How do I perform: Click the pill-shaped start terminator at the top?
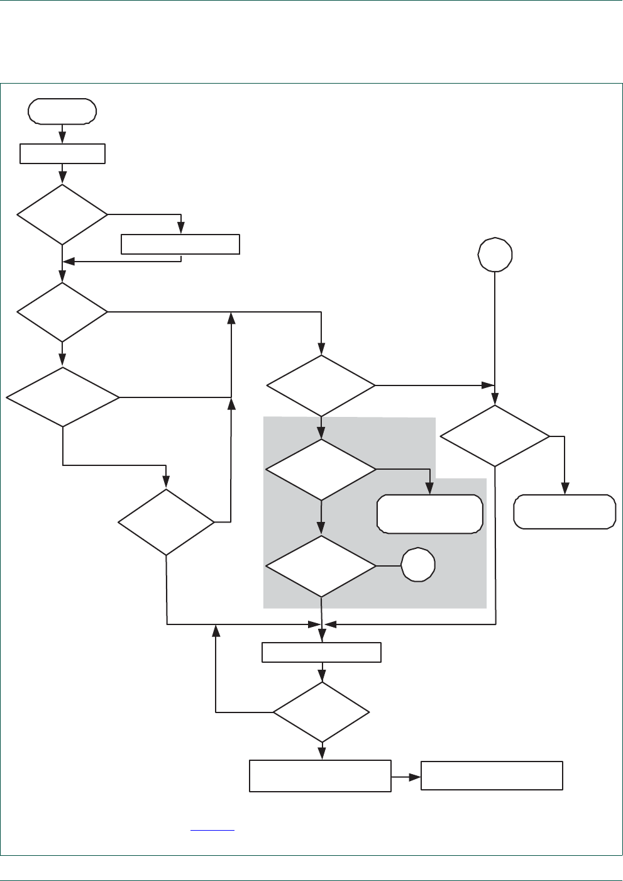pyautogui.click(x=62, y=111)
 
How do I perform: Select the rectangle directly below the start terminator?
pyautogui.click(x=62, y=154)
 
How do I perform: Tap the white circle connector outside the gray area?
pyautogui.click(x=495, y=255)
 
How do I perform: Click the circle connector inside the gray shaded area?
pyautogui.click(x=418, y=565)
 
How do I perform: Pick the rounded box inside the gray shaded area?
pyautogui.click(x=430, y=514)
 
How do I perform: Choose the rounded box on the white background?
pyautogui.click(x=565, y=512)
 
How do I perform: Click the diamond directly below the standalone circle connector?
pyautogui.click(x=495, y=436)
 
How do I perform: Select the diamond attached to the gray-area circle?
pyautogui.click(x=321, y=566)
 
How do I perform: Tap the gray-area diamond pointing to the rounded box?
pyautogui.click(x=321, y=470)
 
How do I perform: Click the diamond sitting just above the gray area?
pyautogui.click(x=321, y=385)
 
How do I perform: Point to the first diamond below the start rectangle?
pyautogui.click(x=62, y=214)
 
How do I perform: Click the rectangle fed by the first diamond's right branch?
pyautogui.click(x=180, y=244)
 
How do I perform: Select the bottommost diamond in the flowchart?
pyautogui.click(x=321, y=712)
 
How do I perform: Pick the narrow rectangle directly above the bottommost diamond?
pyautogui.click(x=321, y=652)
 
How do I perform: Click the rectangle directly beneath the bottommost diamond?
pyautogui.click(x=320, y=776)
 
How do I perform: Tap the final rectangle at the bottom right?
pyautogui.click(x=492, y=776)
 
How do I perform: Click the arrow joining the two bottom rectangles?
pyautogui.click(x=406, y=777)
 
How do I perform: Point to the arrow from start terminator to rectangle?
pyautogui.click(x=62, y=133)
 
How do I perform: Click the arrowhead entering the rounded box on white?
pyautogui.click(x=565, y=489)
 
